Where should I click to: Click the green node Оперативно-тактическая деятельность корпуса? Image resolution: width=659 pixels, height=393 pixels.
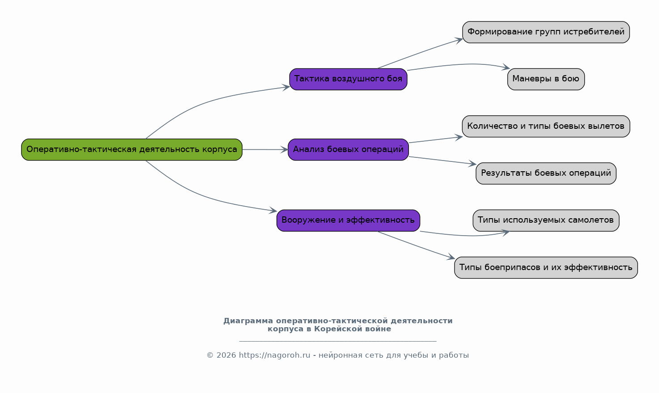coord(132,150)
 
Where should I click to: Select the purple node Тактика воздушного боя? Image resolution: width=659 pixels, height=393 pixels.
coord(349,80)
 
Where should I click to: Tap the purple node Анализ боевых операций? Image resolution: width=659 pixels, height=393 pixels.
coord(349,150)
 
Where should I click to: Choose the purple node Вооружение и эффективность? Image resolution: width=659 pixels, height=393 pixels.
coord(349,220)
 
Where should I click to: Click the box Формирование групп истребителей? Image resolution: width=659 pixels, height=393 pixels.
coord(546,32)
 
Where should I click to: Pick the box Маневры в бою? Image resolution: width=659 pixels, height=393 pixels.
coord(546,80)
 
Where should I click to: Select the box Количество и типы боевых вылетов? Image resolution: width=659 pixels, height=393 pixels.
coord(546,127)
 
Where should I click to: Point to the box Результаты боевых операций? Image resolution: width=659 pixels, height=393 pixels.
coord(546,173)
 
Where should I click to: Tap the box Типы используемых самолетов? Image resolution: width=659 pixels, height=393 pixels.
coord(546,220)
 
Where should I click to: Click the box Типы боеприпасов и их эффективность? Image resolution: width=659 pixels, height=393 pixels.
coord(546,268)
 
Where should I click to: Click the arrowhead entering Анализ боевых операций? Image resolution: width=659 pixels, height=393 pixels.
coord(284,150)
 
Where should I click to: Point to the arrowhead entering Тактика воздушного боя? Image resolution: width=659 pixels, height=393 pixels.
coord(286,87)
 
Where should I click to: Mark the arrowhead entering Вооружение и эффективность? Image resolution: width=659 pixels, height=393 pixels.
coord(273,211)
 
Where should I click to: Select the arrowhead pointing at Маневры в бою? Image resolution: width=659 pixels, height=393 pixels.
coord(506,68)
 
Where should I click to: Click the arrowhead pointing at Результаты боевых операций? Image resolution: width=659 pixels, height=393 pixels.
coord(472,164)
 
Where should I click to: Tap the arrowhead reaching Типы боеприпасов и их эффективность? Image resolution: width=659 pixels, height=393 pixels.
coord(451,257)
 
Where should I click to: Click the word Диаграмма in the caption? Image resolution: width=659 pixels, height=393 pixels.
coord(248,321)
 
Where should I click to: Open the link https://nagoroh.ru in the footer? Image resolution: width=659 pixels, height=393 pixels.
coord(275,355)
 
